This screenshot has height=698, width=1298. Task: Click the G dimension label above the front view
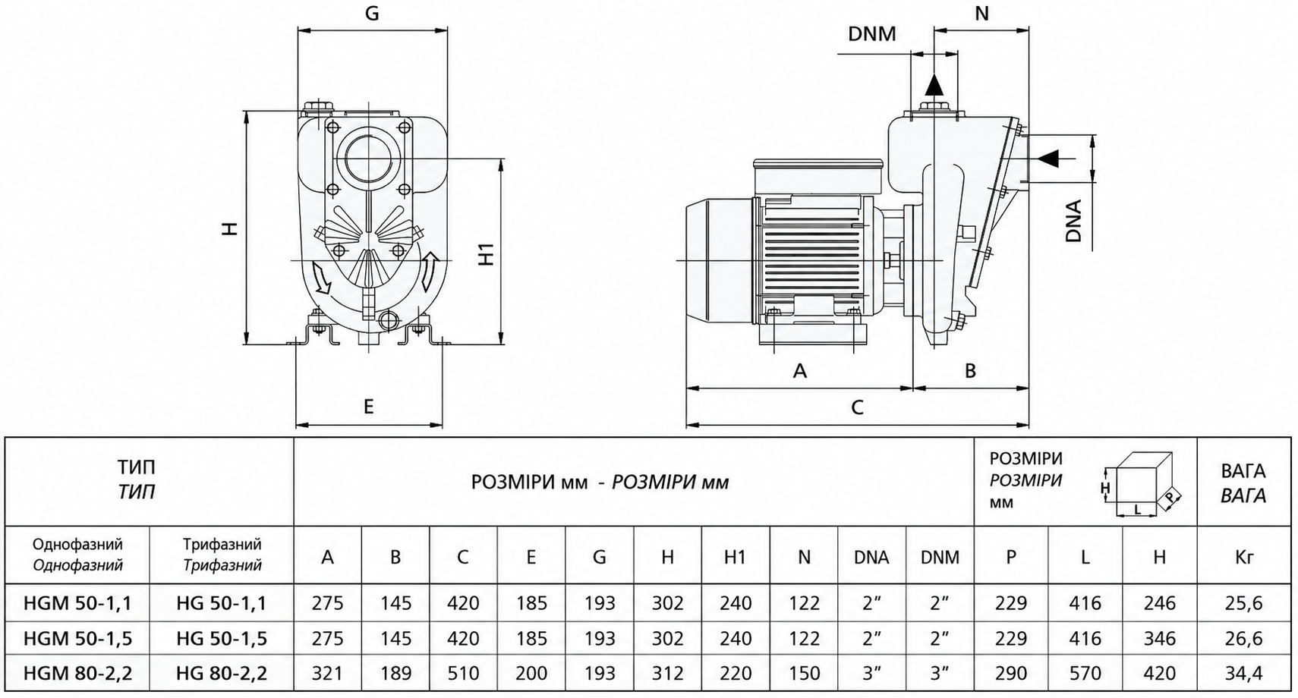372,13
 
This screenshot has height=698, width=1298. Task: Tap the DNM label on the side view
872,34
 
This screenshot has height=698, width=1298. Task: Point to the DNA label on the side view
1074,221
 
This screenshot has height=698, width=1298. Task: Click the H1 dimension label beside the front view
487,253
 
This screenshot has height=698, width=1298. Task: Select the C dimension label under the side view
857,407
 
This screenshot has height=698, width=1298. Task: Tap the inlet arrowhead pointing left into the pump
1048,158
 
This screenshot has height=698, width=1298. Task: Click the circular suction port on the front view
369,157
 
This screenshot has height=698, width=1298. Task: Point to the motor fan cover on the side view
719,261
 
